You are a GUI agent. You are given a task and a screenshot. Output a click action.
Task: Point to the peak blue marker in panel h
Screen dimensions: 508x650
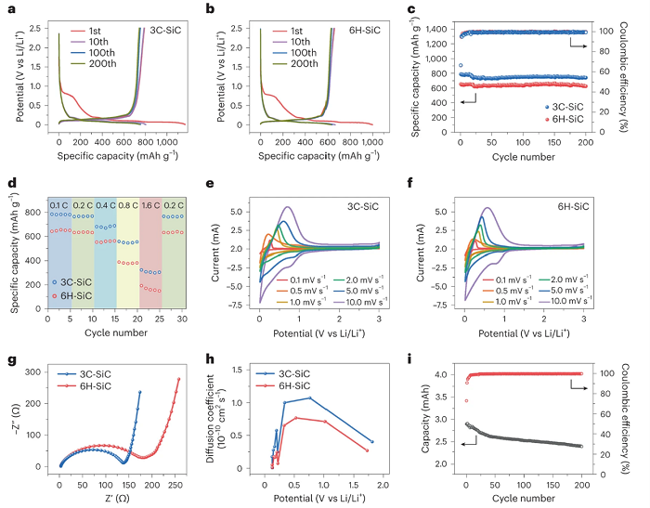coord(310,397)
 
